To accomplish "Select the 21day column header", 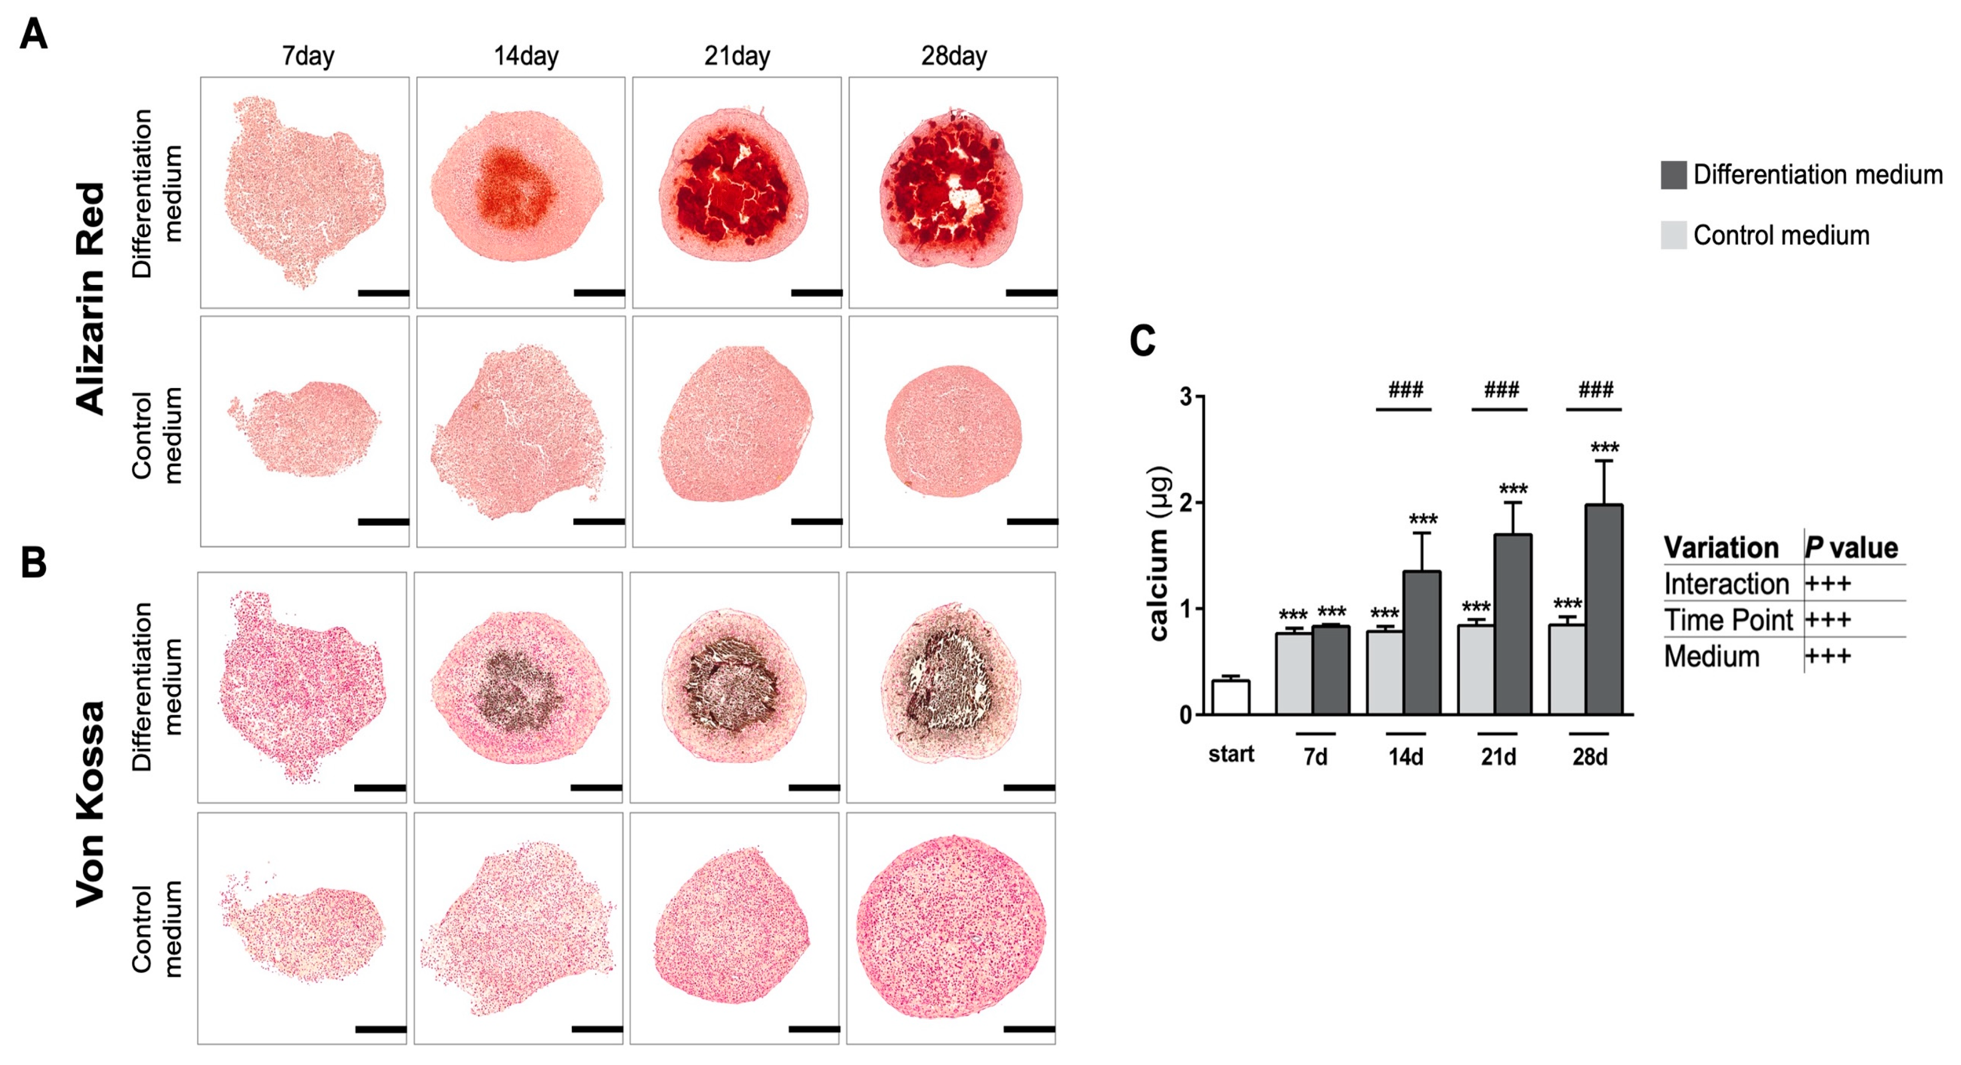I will pyautogui.click(x=736, y=56).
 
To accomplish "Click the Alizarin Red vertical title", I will pyautogui.click(x=91, y=298).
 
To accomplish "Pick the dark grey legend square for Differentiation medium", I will pyautogui.click(x=1673, y=175).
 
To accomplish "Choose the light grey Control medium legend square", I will pyautogui.click(x=1673, y=235).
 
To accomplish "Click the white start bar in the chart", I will pyautogui.click(x=1231, y=696).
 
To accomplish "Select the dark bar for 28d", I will pyautogui.click(x=1604, y=609).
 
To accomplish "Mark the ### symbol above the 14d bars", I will pyautogui.click(x=1405, y=390).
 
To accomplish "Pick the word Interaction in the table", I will pyautogui.click(x=1726, y=584).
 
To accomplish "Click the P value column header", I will pyautogui.click(x=1851, y=547).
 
